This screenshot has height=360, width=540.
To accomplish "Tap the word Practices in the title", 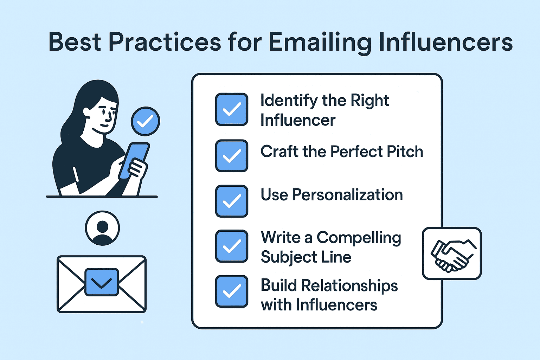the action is [x=165, y=42].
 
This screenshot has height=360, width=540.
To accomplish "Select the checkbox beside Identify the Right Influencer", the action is [x=232, y=109].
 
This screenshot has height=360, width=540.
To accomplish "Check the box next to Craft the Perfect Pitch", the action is [x=232, y=156].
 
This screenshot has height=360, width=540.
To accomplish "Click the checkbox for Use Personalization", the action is [x=232, y=201].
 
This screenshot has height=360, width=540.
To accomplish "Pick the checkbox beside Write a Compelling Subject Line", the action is [x=232, y=246].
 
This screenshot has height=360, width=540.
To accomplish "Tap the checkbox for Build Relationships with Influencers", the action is [x=232, y=291].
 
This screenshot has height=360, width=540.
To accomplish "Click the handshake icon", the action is [x=451, y=254].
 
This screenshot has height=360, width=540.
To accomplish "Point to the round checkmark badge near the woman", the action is [x=145, y=121].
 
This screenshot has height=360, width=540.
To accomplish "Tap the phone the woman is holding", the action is [x=134, y=161].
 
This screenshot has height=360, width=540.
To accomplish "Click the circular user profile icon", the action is [x=102, y=228].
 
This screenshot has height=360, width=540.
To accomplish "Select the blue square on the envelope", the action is [x=102, y=282].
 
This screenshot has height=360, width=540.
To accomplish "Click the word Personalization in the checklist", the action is [x=347, y=194].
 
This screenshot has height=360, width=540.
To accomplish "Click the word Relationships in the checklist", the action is [x=349, y=286].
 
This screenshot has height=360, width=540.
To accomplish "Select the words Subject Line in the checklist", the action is [x=306, y=257].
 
